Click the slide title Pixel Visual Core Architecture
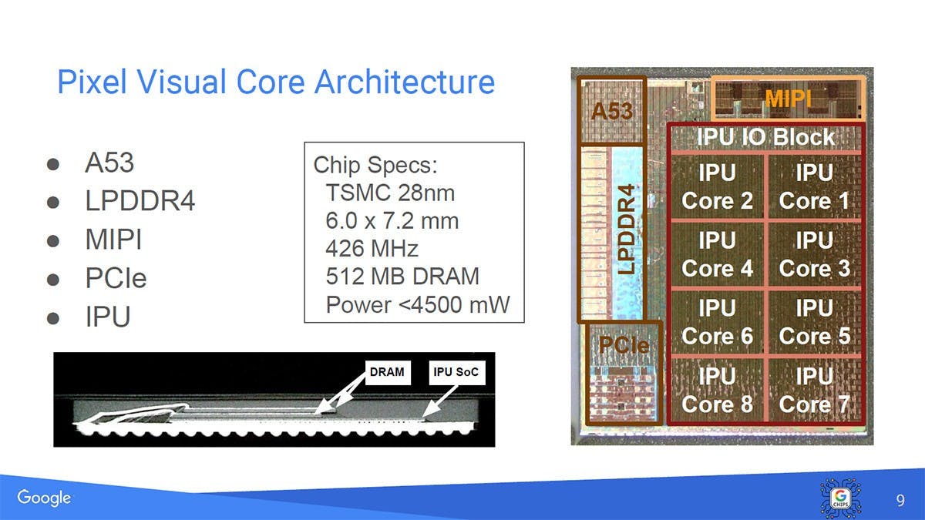(x=275, y=82)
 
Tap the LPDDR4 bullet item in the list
(x=140, y=202)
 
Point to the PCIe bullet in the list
(x=116, y=278)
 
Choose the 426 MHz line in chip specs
(x=372, y=248)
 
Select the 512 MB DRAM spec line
(x=402, y=276)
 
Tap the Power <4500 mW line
(x=418, y=304)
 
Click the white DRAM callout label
(x=386, y=373)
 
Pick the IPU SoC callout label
(x=456, y=373)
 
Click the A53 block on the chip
(x=611, y=110)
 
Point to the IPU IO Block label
(x=765, y=137)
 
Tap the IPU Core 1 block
(x=814, y=187)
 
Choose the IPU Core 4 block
(x=717, y=255)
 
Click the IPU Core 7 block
(x=814, y=390)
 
